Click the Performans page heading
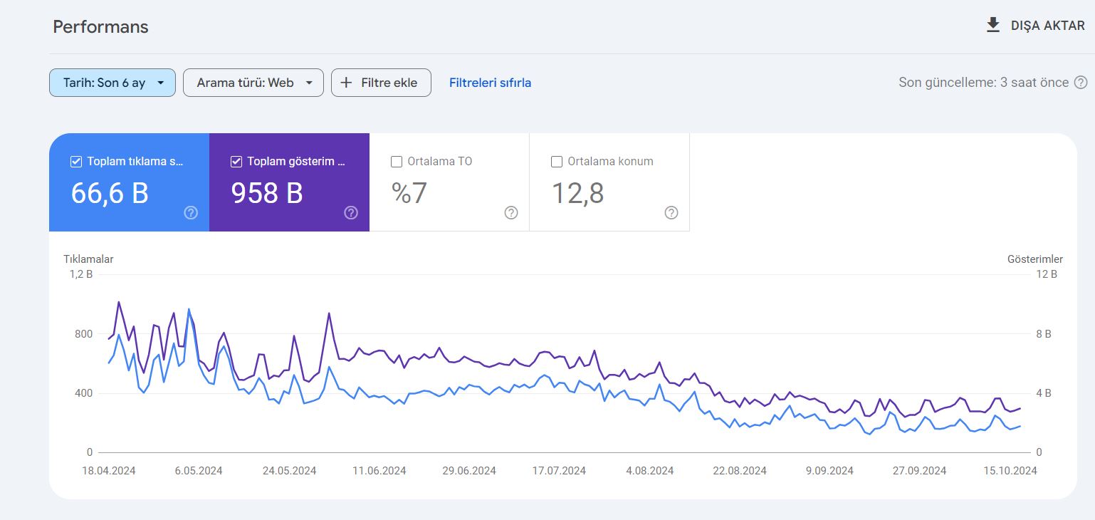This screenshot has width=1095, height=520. tap(100, 27)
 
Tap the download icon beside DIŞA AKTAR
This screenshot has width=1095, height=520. tap(992, 25)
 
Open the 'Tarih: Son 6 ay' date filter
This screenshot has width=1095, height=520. tap(112, 83)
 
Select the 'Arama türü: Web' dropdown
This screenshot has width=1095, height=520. tap(253, 83)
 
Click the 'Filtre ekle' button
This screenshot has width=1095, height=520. tap(382, 83)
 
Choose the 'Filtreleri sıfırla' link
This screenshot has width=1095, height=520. tap(491, 83)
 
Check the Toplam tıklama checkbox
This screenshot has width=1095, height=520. tap(76, 162)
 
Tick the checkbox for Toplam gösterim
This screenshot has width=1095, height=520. tap(236, 162)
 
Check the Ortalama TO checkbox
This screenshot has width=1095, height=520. tap(397, 162)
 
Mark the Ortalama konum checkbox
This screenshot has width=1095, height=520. tap(556, 162)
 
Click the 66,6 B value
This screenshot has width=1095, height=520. tap(110, 193)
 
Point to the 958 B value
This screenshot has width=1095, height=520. tap(267, 193)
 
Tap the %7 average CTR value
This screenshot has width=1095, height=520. tap(409, 193)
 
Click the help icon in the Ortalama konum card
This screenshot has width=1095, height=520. tap(671, 213)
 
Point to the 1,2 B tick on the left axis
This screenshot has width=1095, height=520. tap(81, 274)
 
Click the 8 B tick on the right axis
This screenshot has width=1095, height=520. tap(1043, 334)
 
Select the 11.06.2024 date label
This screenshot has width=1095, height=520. tap(379, 471)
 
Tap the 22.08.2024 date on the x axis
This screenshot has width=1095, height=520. tap(740, 471)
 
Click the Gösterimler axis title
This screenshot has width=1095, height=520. tap(1035, 259)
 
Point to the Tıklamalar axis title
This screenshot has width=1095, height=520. tap(88, 259)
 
